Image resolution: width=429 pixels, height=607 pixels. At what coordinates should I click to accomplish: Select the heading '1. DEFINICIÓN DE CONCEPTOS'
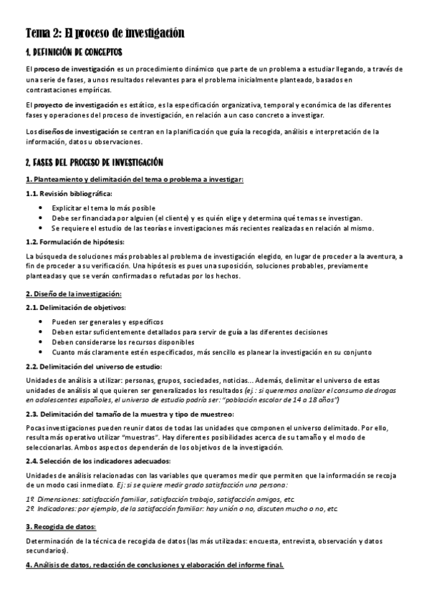74,52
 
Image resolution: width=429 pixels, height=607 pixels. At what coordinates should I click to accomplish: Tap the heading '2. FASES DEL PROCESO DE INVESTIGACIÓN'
94,162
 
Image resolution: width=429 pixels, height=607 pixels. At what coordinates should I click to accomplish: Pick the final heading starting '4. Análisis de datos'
155,565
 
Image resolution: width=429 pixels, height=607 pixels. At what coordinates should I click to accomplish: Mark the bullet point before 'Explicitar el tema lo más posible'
45,207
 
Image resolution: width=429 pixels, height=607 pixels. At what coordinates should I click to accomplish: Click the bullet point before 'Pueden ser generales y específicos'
45,321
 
